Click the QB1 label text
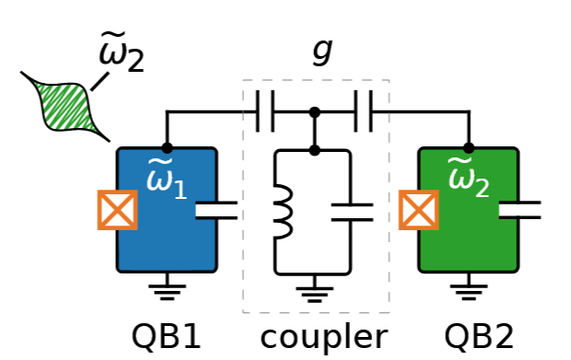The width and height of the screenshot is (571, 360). [x=166, y=336]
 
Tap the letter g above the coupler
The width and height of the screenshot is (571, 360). [x=320, y=52]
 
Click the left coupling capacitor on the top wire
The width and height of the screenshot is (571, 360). [x=265, y=113]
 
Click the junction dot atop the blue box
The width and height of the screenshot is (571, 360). [x=167, y=147]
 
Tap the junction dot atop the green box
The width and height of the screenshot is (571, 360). [x=469, y=147]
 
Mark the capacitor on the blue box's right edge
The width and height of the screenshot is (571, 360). [x=217, y=211]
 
